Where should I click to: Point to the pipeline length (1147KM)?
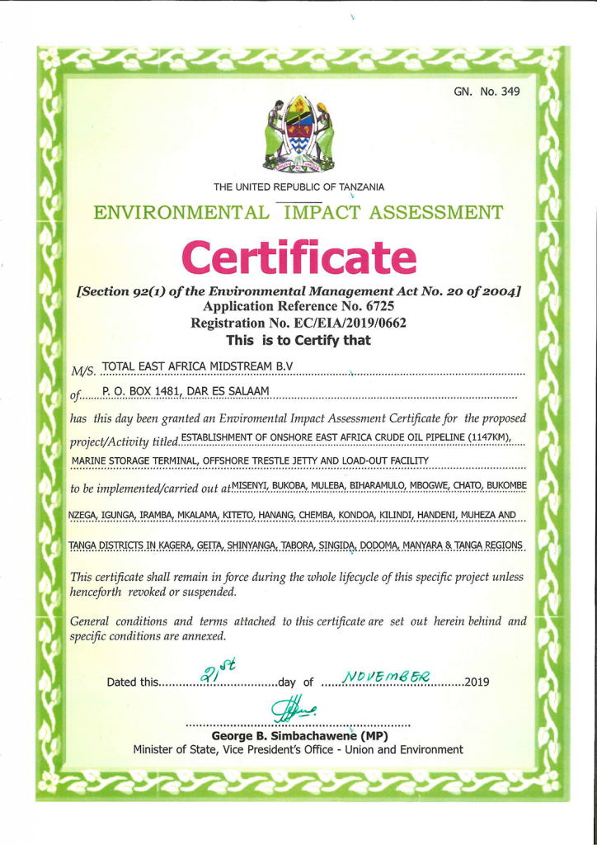coord(478,436)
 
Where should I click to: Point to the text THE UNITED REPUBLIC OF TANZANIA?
coord(298,184)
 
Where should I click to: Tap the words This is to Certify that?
coord(298,340)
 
